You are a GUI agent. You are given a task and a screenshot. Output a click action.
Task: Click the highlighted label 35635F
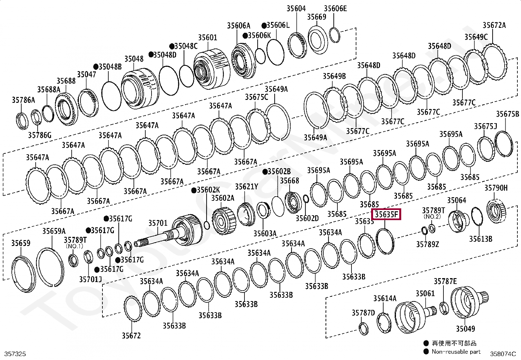pos(386,215)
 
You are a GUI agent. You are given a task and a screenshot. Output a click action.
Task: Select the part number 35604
pos(296,9)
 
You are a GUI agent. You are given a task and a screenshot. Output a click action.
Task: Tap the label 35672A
pos(494,25)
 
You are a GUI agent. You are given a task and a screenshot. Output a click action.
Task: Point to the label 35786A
pos(23,100)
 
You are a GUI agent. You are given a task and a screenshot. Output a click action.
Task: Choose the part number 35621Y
pos(246,187)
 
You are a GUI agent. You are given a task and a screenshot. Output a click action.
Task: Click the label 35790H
pos(496,188)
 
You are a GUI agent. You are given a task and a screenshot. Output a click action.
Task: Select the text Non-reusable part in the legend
pos(456,351)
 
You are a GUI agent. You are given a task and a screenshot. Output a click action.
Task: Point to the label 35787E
pos(445,281)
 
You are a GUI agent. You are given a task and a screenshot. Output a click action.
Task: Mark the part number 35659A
pos(54,231)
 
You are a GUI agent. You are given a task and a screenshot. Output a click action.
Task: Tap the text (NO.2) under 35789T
pos(432,216)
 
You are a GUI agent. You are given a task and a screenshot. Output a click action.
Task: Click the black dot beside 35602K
pos(194,190)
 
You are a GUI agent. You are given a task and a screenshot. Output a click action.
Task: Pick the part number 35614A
pos(385,298)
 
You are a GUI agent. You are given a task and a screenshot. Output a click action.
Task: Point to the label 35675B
pos(507,114)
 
